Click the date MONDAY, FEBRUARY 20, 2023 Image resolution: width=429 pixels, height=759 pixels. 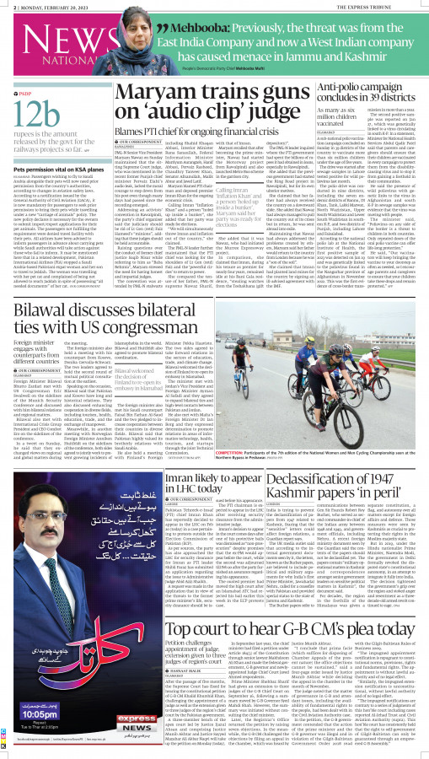click(51, 5)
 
